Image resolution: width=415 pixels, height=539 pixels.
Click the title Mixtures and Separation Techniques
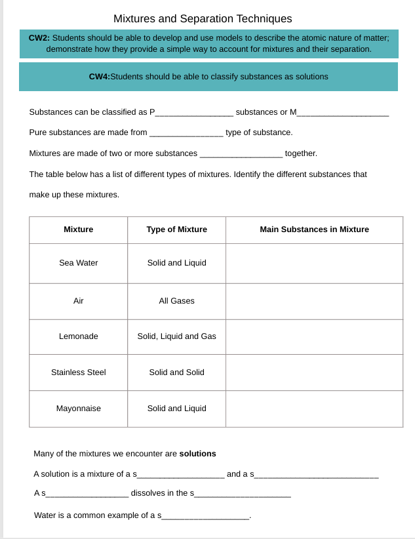click(203, 19)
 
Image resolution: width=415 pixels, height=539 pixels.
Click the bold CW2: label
click(39, 38)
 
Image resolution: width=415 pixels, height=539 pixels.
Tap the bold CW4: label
click(99, 77)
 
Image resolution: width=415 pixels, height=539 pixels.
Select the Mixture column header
click(78, 230)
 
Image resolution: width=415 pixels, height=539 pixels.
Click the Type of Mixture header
click(176, 230)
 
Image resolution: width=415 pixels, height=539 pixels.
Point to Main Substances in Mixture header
click(314, 230)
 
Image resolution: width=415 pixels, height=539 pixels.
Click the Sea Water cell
click(78, 263)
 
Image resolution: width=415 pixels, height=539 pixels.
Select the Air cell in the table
click(78, 301)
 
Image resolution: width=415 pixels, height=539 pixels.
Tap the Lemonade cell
click(78, 336)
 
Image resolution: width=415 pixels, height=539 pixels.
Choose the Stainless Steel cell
click(78, 372)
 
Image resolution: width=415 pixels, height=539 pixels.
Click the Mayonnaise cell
click(78, 409)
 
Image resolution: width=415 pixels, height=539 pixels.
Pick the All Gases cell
click(176, 301)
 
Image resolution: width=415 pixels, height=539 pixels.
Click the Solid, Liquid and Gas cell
click(176, 336)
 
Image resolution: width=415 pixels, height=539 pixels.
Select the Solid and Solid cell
click(176, 372)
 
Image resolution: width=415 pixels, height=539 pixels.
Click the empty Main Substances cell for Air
click(314, 301)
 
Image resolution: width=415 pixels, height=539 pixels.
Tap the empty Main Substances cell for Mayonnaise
click(314, 409)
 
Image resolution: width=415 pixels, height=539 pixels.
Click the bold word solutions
click(197, 454)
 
